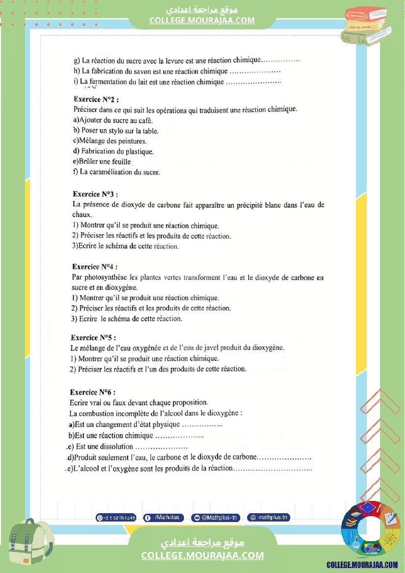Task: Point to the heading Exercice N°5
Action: pyautogui.click(x=93, y=338)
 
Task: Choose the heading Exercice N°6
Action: pyautogui.click(x=93, y=392)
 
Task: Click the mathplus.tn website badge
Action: pyautogui.click(x=269, y=517)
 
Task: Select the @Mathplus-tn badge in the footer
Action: pyautogui.click(x=215, y=517)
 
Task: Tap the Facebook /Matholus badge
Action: pyautogui.click(x=164, y=517)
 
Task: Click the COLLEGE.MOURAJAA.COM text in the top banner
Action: pyautogui.click(x=202, y=20)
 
